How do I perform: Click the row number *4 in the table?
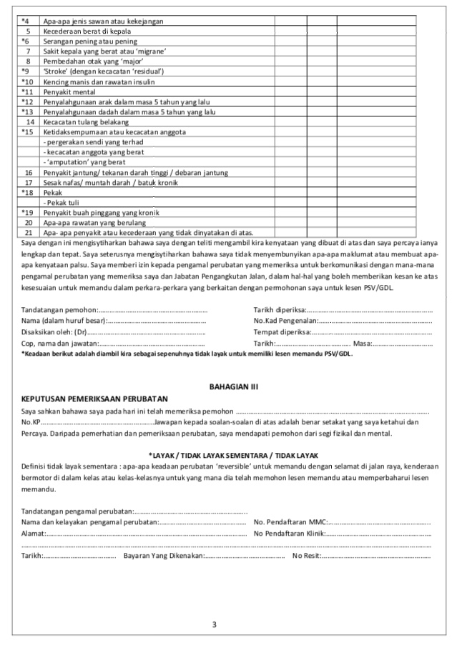tap(25, 21)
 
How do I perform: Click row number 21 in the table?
tap(28, 233)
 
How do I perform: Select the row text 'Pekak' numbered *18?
tap(52, 193)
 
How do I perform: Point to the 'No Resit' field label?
tap(306, 555)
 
